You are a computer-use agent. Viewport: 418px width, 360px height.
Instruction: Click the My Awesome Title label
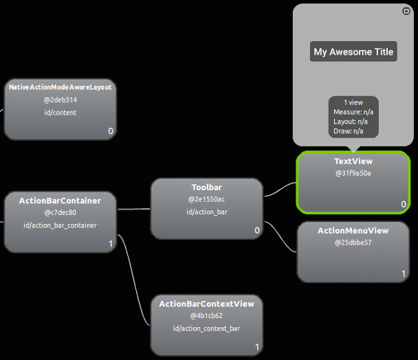pyautogui.click(x=353, y=52)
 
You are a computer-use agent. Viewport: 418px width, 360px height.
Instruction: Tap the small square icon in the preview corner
pyautogui.click(x=406, y=11)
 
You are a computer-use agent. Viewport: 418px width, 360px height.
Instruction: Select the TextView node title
pyautogui.click(x=353, y=161)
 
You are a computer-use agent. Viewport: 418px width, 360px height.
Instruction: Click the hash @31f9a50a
pyautogui.click(x=353, y=173)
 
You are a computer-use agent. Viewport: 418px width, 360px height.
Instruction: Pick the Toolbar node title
pyautogui.click(x=206, y=188)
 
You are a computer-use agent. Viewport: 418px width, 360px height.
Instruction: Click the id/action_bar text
pyautogui.click(x=206, y=212)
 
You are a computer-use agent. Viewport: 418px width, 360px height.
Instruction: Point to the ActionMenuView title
pyautogui.click(x=353, y=231)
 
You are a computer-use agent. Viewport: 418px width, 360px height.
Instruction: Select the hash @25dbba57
pyautogui.click(x=353, y=243)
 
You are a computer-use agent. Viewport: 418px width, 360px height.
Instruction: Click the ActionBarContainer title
pyautogui.click(x=60, y=201)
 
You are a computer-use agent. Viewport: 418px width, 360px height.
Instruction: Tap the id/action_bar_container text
pyautogui.click(x=60, y=225)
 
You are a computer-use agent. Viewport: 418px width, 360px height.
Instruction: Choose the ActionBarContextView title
pyautogui.click(x=206, y=304)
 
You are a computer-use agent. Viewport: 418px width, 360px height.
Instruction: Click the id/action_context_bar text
pyautogui.click(x=206, y=328)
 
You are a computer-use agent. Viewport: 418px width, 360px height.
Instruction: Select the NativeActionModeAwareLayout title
pyautogui.click(x=60, y=87)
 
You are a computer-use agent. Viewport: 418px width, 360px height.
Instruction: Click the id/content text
pyautogui.click(x=60, y=112)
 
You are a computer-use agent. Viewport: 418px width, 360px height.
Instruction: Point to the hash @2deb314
pyautogui.click(x=60, y=100)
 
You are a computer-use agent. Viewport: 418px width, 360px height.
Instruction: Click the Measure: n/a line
pyautogui.click(x=353, y=112)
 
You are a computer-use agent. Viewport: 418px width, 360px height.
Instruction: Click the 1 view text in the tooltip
pyautogui.click(x=353, y=102)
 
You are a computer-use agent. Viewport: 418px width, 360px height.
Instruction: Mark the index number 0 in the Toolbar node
pyautogui.click(x=257, y=230)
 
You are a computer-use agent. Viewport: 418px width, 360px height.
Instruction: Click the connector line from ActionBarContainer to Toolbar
pyautogui.click(x=133, y=208)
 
